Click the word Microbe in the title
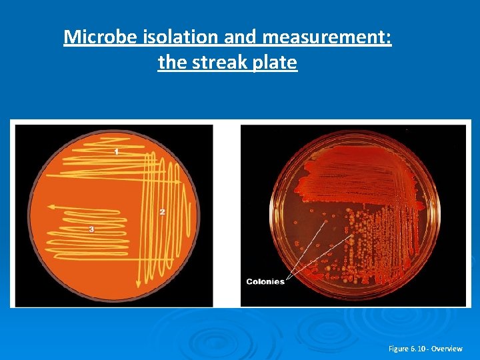[x=101, y=37]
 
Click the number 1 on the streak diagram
[x=117, y=152]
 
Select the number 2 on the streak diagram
[x=162, y=212]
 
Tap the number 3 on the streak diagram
[x=91, y=229]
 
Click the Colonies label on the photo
[x=265, y=281]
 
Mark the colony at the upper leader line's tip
[x=327, y=223]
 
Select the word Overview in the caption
[x=447, y=349]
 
